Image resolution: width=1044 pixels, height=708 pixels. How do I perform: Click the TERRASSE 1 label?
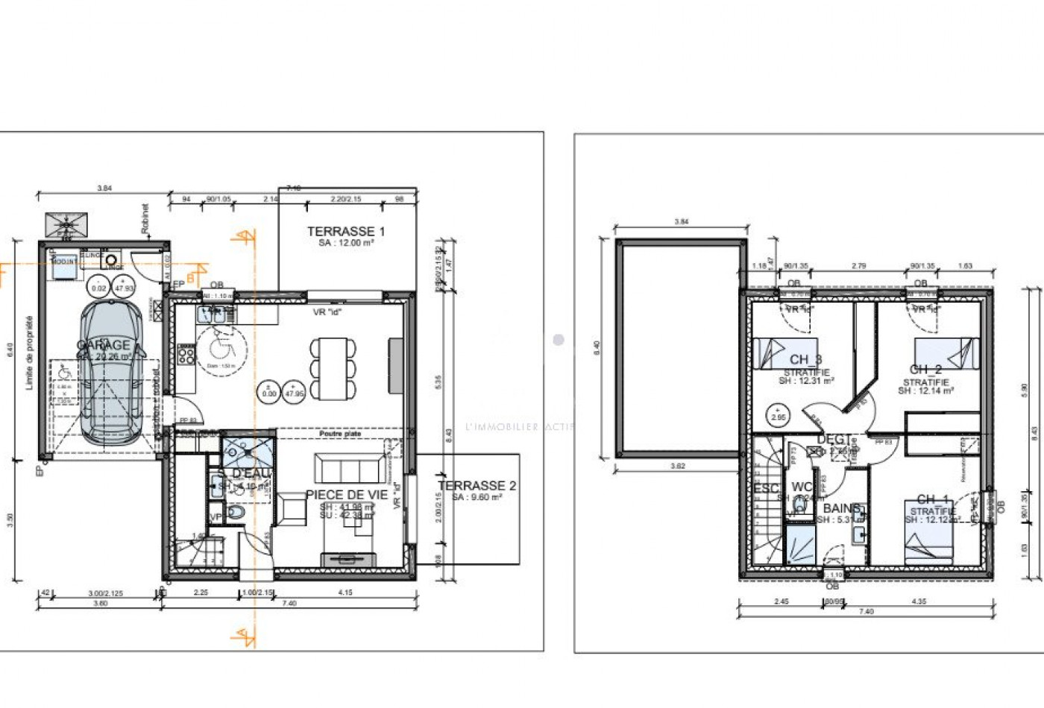point(346,232)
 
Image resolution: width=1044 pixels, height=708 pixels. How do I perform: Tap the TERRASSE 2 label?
point(477,486)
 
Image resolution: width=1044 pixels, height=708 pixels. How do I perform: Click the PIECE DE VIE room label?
point(347,495)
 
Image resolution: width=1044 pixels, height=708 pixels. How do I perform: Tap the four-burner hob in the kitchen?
point(186,355)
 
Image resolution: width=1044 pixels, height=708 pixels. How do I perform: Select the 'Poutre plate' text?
point(340,434)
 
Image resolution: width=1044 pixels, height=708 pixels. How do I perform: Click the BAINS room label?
point(842,509)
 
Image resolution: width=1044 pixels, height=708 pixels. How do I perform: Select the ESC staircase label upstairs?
point(766,489)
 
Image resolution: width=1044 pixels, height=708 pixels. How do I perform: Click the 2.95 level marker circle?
point(778,414)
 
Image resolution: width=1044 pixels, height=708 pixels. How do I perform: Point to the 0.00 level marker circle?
point(269,391)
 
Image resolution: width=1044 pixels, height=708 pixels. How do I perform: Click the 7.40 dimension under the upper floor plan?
point(866,612)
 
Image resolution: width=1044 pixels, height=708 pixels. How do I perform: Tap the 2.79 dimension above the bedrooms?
point(858,266)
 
